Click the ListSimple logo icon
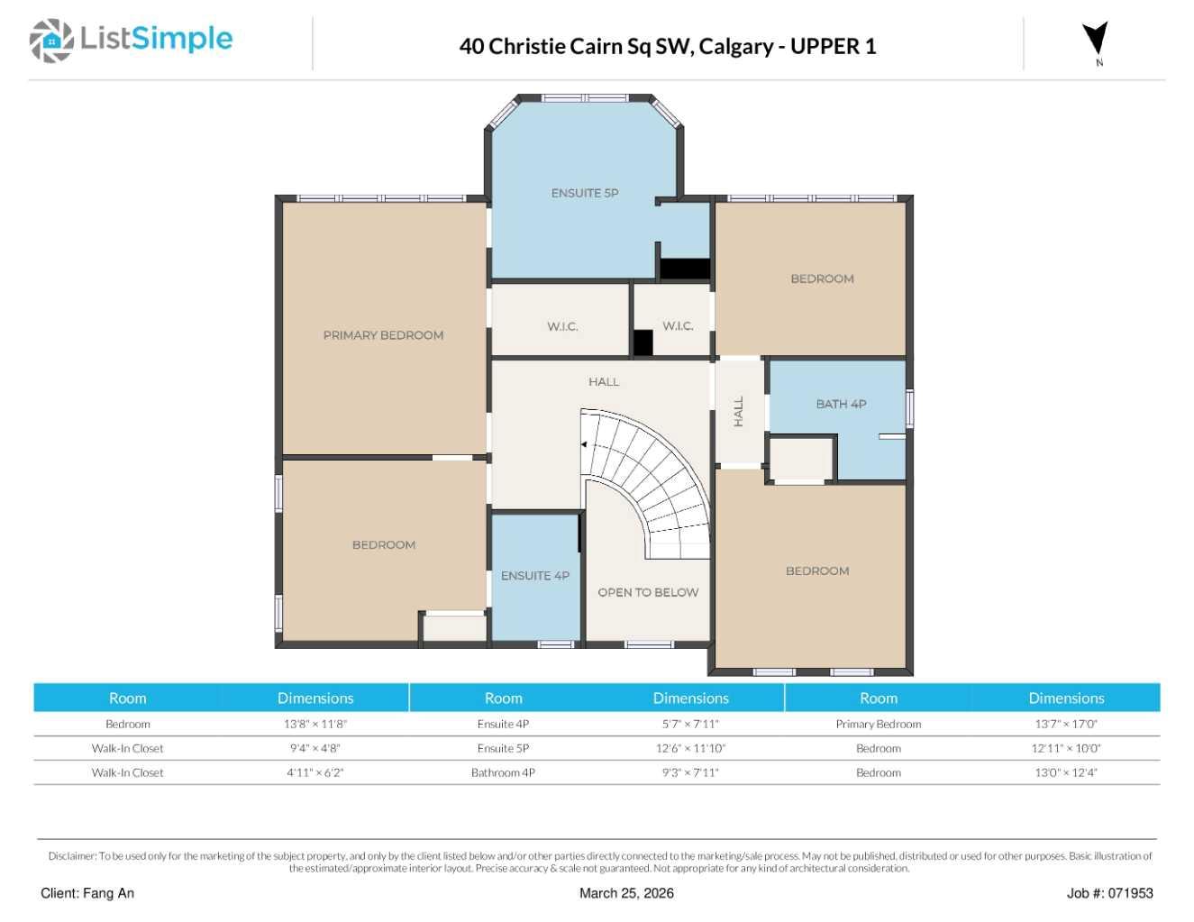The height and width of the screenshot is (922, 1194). pos(51,41)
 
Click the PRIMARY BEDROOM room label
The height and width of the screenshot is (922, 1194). pos(383,335)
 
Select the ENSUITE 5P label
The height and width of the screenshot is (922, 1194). pos(585,193)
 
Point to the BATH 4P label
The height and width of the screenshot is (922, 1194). pos(841,404)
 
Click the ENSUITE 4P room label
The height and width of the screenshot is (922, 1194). pos(534,575)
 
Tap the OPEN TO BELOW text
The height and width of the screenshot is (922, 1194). pos(648,592)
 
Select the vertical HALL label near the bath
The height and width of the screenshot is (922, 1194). pos(739,411)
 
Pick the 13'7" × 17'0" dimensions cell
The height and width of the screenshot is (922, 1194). pos(1066,724)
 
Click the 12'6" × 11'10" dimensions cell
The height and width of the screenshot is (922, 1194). pos(690,748)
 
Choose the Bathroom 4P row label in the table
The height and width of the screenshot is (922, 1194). pos(503,772)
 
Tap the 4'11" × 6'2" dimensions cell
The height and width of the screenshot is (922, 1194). pos(314,772)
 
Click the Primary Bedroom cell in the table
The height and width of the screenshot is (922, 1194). pos(878,724)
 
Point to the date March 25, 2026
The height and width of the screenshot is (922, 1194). pos(626,893)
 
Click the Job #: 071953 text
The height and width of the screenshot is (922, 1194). pos(1109,893)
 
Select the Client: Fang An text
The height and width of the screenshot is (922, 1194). pos(87,893)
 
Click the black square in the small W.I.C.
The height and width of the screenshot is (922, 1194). pos(643,342)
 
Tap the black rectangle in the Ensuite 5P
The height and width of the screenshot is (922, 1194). pos(685,269)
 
